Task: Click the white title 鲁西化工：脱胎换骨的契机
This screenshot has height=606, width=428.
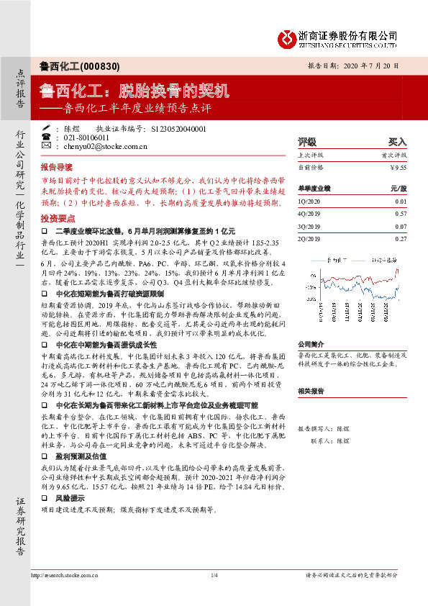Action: [135, 91]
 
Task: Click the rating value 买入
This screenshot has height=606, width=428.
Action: [397, 142]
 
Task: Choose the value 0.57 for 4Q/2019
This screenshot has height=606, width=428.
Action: [401, 214]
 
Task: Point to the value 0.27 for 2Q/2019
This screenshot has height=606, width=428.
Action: [401, 237]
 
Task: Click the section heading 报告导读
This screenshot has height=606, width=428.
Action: [57, 165]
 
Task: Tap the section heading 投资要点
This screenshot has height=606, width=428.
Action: [57, 217]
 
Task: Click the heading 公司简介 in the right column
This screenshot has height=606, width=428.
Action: [311, 344]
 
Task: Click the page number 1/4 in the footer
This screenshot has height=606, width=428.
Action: [214, 595]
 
